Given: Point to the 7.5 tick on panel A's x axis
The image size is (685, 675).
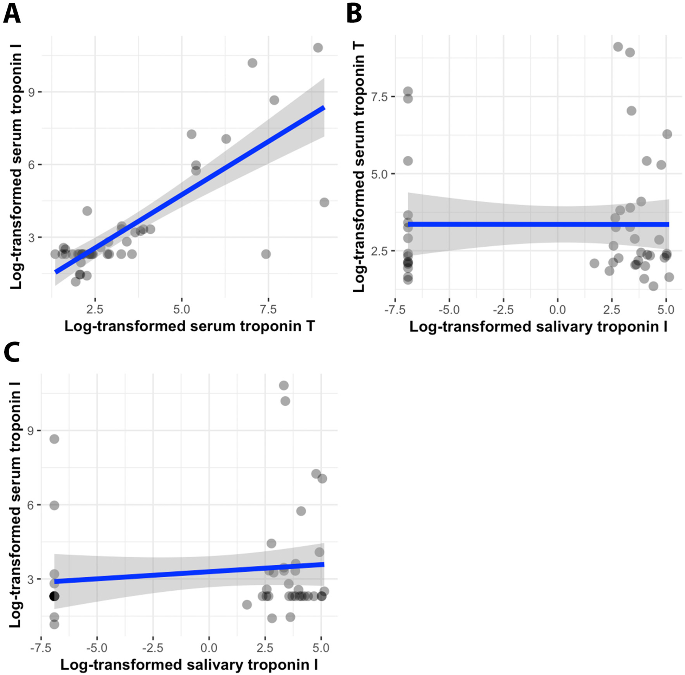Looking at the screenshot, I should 268,309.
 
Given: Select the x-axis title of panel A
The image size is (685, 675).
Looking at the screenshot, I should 190,326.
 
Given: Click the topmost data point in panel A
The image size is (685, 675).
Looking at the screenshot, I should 318,48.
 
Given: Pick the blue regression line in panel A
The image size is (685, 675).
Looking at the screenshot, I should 190,189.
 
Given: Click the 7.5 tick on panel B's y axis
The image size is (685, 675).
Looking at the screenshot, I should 378,97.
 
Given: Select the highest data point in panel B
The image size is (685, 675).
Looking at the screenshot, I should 618,47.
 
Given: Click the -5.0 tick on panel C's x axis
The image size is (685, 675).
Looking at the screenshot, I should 97,648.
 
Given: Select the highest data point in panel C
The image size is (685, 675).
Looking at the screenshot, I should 284,385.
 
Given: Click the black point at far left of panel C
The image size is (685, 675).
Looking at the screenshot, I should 54,596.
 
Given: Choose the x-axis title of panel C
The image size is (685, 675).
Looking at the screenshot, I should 189,665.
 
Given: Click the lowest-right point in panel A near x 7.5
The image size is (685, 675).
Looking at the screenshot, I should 266,254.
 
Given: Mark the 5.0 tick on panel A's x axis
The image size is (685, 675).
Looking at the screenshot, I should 181,309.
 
